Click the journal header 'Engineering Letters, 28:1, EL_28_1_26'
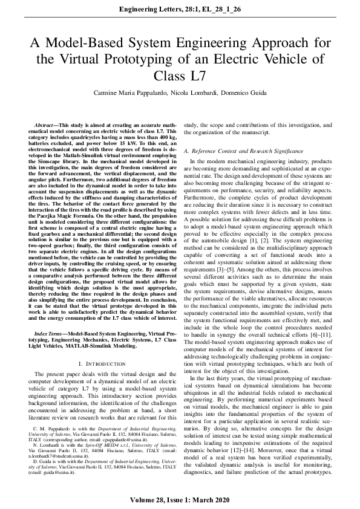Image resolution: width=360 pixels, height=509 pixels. (x=180, y=10)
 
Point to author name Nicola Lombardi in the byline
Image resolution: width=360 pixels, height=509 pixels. (x=189, y=93)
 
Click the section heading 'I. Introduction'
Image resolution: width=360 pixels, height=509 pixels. (x=102, y=363)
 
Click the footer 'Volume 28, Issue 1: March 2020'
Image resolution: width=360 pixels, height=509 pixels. (x=180, y=499)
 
